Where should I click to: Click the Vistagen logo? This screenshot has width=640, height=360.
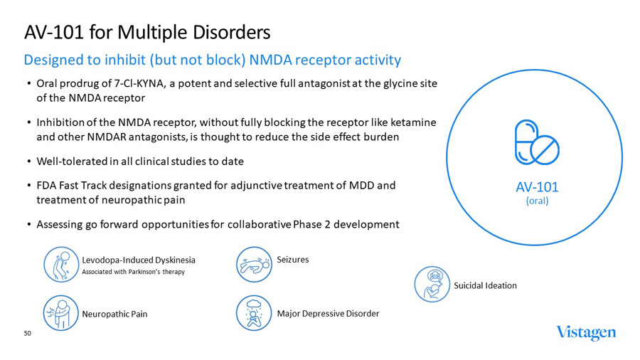point(586,333)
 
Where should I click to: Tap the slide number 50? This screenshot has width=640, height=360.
point(28,333)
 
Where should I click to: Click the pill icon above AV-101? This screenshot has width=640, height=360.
point(537,142)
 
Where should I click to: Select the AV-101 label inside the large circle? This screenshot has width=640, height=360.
point(537,187)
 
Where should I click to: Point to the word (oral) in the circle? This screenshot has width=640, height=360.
point(537,201)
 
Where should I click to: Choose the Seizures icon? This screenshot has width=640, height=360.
point(254,264)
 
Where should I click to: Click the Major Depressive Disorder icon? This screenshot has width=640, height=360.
point(254,312)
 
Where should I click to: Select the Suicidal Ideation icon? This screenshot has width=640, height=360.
point(431,285)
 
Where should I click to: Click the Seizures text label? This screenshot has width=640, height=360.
point(292,260)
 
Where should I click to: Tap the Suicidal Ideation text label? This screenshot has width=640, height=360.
point(485,285)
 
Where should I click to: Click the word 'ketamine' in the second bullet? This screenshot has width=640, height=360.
point(415,122)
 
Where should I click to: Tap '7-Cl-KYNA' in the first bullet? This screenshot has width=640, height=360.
point(141,83)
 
